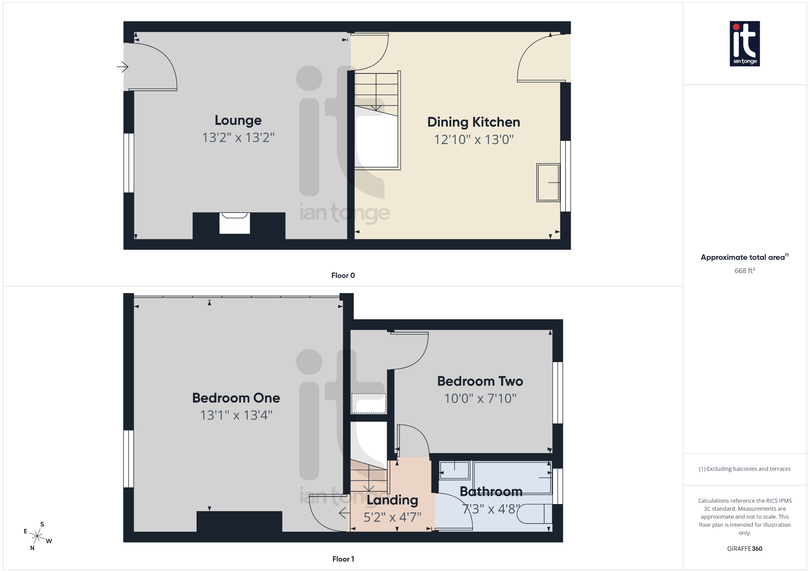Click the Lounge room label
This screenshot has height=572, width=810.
pos(238,120)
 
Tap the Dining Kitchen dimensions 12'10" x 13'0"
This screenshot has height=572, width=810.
pos(473,139)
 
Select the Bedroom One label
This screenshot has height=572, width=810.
pos(236,398)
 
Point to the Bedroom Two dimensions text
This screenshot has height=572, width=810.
pos(480,399)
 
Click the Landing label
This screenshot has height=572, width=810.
pos(392,500)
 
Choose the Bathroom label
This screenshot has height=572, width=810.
pos(491,491)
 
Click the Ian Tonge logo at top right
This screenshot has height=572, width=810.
pos(744,43)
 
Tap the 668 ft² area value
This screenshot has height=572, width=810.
pos(744,271)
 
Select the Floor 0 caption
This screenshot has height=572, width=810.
pos(343,275)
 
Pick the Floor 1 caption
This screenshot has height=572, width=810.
pos(343,559)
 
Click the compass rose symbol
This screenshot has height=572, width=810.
pos(37,536)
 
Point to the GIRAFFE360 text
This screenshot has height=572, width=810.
pos(744,549)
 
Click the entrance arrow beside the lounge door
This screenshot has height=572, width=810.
pos(123,67)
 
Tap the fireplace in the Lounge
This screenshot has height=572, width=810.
pos(235,223)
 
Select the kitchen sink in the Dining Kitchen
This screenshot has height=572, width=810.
pos(548,183)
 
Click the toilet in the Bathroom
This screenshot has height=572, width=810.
pos(534,514)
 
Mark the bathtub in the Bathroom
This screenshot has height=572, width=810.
pos(512,478)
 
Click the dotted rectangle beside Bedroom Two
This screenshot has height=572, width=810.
pos(369,403)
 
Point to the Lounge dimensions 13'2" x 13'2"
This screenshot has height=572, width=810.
pos(238,137)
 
